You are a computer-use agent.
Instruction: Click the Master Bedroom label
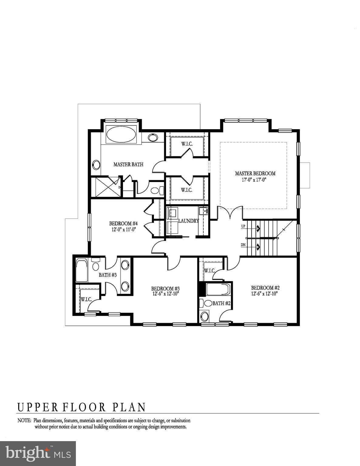tap(255, 173)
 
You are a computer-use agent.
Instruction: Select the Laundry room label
tap(188, 221)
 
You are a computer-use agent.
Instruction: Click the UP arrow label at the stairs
tap(243, 226)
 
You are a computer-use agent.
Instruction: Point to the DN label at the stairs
tap(243, 245)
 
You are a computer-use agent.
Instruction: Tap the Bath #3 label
tap(108, 275)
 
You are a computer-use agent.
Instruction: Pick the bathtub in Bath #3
tap(82, 270)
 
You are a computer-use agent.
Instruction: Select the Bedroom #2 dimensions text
tap(264, 294)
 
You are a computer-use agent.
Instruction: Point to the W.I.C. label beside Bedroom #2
tap(209, 270)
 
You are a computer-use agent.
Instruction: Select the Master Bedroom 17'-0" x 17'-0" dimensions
tap(255, 180)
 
